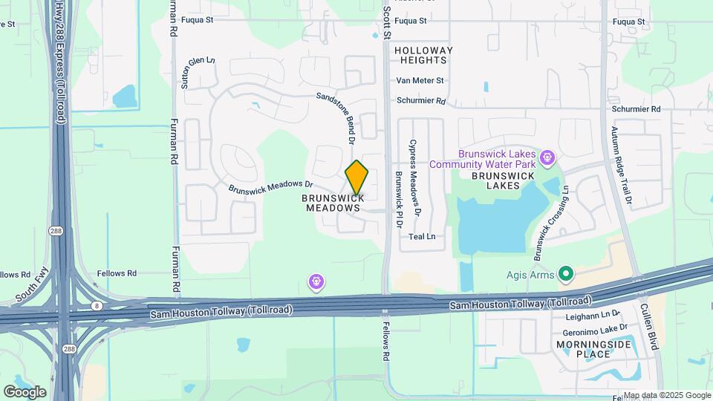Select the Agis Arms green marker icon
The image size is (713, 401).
coord(566,276)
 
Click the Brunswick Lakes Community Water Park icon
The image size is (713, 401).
coord(548,157)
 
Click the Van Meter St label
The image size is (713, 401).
coord(420,80)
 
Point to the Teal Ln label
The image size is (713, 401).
coord(422,237)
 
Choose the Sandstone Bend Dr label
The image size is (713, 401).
coord(339,117)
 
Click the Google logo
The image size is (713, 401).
coord(25,391)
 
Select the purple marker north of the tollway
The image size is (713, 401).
coord(316,281)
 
